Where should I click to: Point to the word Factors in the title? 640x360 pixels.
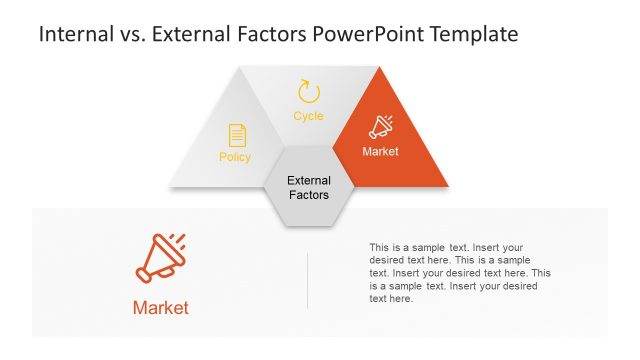[x=268, y=35]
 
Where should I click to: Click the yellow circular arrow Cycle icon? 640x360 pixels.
[x=309, y=92]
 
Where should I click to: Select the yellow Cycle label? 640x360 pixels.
[x=308, y=117]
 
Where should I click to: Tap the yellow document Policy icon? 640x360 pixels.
[x=237, y=135]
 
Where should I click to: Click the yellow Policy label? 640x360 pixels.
[x=235, y=157]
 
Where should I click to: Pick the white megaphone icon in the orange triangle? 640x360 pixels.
[x=381, y=127]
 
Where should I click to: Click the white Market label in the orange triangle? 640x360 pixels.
[x=380, y=152]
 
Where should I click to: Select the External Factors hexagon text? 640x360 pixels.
[x=308, y=188]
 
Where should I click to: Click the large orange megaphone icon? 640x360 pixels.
[x=160, y=258]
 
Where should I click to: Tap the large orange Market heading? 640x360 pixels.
[x=160, y=308]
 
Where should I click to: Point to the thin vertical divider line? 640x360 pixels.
[x=307, y=280]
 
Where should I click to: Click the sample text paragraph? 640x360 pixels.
[x=460, y=272]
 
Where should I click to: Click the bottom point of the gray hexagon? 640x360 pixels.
[x=308, y=226]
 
